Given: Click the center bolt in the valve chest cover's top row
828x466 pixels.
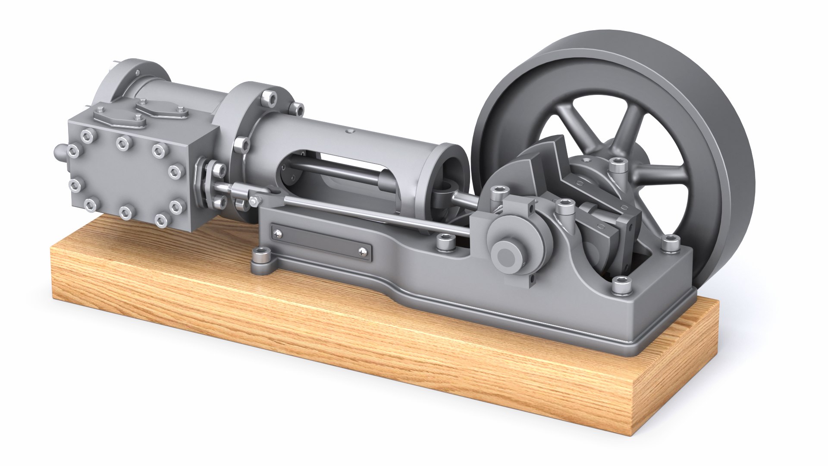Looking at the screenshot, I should pyautogui.click(x=123, y=142).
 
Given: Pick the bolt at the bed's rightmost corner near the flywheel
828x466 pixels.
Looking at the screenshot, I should pyautogui.click(x=669, y=245).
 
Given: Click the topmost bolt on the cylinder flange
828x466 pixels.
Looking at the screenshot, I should pyautogui.click(x=270, y=97).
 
